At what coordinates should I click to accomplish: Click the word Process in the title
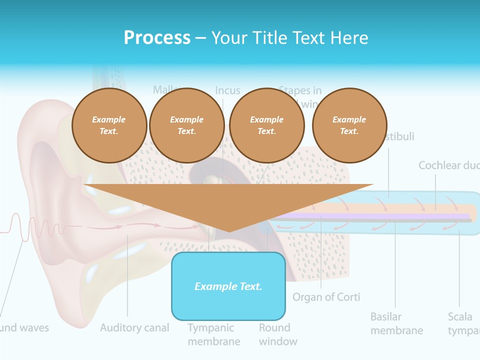[157, 38]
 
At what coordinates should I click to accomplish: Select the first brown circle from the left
[109, 125]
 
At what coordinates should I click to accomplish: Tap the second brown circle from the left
[187, 125]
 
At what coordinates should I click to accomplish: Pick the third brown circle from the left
[266, 125]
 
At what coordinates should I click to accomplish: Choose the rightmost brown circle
[349, 125]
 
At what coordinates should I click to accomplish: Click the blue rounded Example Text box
[228, 286]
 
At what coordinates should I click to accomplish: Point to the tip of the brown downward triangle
[228, 230]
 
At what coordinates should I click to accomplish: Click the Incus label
[227, 91]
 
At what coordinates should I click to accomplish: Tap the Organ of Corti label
[326, 297]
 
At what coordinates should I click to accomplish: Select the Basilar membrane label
[396, 323]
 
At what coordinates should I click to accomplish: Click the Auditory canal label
[134, 328]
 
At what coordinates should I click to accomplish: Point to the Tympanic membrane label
[213, 334]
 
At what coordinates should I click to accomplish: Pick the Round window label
[277, 334]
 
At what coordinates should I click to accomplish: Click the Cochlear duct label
[448, 165]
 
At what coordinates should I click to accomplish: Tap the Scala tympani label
[463, 323]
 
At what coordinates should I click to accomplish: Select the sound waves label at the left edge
[25, 328]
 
